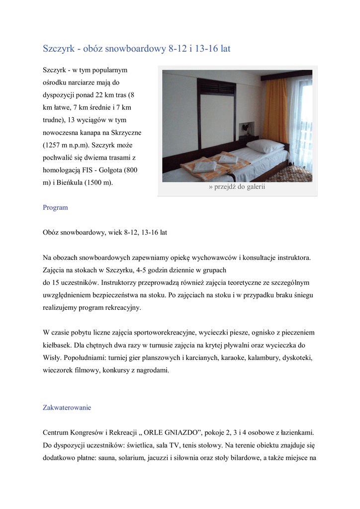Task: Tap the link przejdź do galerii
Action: tap(237, 187)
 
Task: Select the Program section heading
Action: tap(55, 207)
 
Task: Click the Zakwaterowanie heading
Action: tap(67, 407)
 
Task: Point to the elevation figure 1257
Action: tap(53, 145)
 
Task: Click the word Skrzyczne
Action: tap(125, 133)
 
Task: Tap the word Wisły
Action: tap(52, 357)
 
